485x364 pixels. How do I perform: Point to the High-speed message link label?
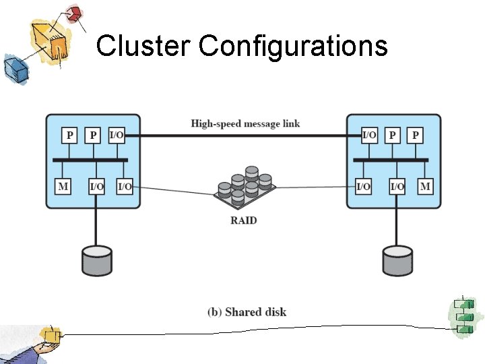[245, 123]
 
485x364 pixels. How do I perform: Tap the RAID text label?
[243, 220]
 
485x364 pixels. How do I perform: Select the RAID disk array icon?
[243, 189]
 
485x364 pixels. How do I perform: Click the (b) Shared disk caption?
[247, 311]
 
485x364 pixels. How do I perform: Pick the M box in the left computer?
[63, 186]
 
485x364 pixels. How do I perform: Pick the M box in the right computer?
[425, 186]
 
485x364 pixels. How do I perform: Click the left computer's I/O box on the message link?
[116, 135]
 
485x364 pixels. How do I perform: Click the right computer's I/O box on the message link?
[369, 135]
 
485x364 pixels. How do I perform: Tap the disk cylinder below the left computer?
[97, 260]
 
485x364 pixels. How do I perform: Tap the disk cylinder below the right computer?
[397, 260]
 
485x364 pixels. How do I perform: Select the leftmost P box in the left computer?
[69, 135]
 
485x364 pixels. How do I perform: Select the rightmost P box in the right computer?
[416, 135]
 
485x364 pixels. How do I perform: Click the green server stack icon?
[463, 315]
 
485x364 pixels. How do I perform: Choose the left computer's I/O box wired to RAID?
[125, 186]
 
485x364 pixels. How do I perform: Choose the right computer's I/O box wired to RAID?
[363, 186]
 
